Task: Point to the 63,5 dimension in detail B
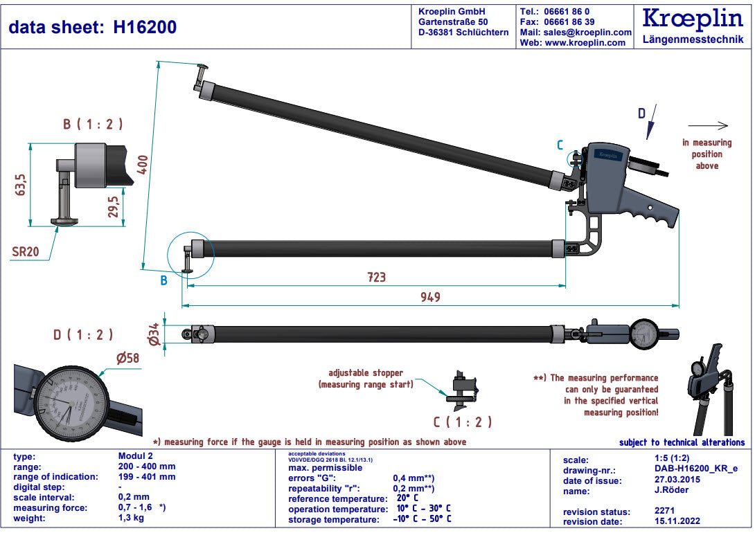[21, 185]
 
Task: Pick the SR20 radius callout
[25, 251]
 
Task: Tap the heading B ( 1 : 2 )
[93, 125]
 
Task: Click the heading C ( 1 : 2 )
[463, 422]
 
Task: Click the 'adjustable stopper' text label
[366, 373]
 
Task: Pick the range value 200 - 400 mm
[147, 467]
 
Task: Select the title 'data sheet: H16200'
[93, 27]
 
